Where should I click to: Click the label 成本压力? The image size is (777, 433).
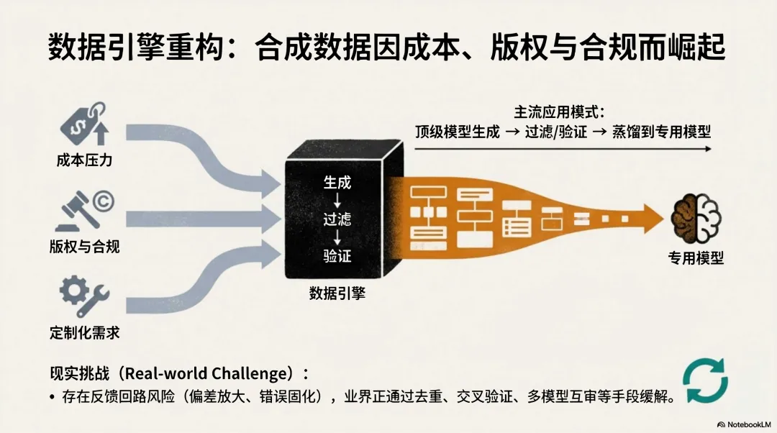[x=85, y=160]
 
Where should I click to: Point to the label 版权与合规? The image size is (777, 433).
[x=85, y=247]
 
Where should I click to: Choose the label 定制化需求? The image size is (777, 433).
[x=85, y=332]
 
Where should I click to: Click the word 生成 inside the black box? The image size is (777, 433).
[x=337, y=183]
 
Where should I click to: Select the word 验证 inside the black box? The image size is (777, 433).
[x=337, y=255]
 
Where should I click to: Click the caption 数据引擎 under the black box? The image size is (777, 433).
[x=337, y=293]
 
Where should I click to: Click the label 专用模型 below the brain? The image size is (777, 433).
[x=695, y=257]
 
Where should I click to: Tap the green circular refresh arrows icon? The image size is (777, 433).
[x=705, y=380]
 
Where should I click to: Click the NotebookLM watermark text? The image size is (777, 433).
[x=745, y=424]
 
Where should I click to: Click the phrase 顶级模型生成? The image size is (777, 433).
[x=458, y=132]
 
